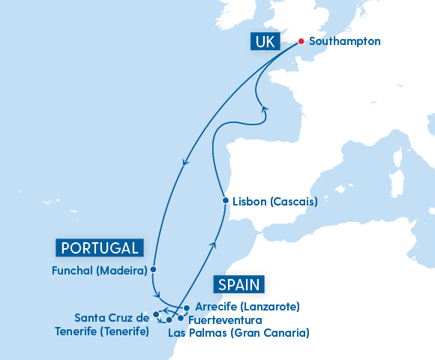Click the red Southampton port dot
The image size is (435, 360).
point(301,42)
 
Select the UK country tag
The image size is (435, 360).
point(265,42)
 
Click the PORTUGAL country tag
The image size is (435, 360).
point(99,248)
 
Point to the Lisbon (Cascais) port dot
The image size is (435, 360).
point(225,201)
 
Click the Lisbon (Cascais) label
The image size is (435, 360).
point(275,202)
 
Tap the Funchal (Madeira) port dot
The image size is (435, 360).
point(153,268)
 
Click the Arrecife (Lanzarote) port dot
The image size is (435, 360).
point(186,307)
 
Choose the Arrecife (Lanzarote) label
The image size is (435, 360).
point(247,307)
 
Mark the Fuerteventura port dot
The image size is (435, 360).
point(180,318)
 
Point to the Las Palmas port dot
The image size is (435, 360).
point(169,320)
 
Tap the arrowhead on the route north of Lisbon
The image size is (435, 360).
point(264,109)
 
